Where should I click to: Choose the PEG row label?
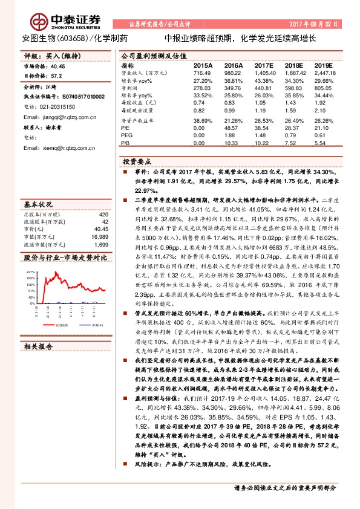pos(126,135)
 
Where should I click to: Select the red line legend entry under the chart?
pos(57,324)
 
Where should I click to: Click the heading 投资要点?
pos(136,163)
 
